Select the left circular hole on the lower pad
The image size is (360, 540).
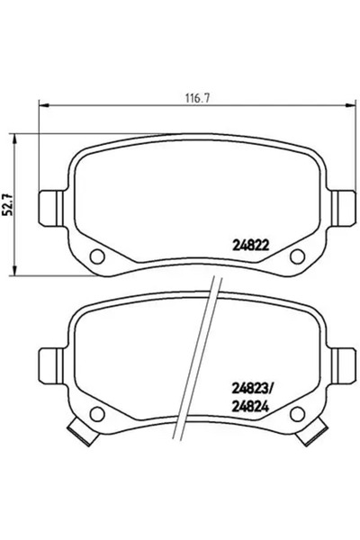[x=98, y=414]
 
